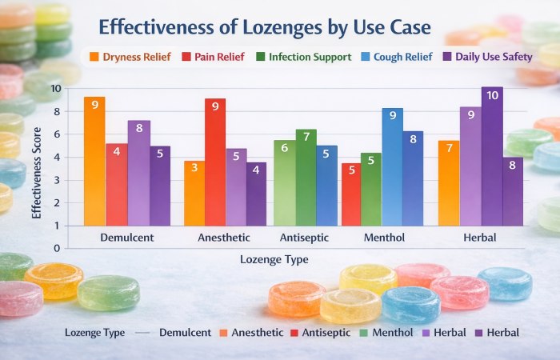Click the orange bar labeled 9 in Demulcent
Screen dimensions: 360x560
click(x=94, y=160)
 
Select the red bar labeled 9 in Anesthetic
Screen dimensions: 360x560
click(x=214, y=161)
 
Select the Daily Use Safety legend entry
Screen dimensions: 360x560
click(x=478, y=57)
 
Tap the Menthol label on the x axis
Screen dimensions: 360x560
click(x=383, y=238)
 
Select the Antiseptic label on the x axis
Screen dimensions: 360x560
click(x=304, y=238)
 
